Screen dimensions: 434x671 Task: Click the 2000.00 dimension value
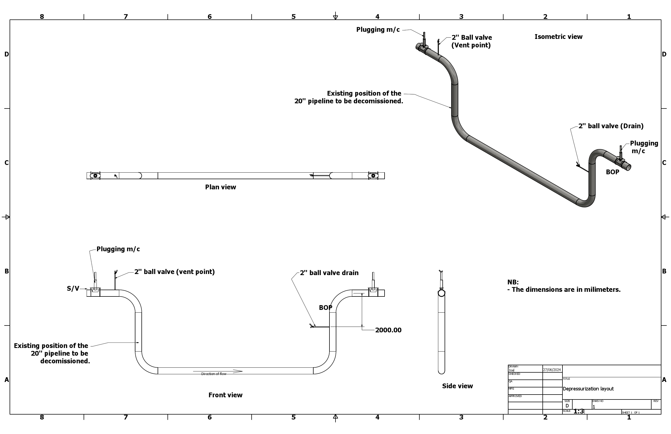[x=388, y=330]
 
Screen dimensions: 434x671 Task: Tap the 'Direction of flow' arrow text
[x=214, y=374]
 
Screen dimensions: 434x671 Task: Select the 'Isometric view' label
[x=558, y=37]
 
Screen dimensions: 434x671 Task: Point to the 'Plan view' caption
[x=220, y=187]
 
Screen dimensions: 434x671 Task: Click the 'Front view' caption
[x=225, y=395]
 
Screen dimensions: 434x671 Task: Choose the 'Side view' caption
[x=457, y=386]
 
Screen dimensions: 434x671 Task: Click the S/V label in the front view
[x=73, y=289]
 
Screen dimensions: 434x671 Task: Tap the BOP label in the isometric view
[x=612, y=172]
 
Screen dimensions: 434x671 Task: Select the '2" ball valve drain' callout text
[x=329, y=273]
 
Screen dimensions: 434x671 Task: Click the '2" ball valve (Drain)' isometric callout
[x=611, y=126]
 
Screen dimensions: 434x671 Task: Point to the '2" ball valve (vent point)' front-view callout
[x=174, y=272]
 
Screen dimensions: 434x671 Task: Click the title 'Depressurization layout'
[x=588, y=389]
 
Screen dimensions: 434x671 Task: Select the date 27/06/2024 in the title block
[x=552, y=369]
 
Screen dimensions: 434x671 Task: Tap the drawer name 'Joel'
[x=511, y=370]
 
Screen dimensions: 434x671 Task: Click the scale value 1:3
[x=579, y=412]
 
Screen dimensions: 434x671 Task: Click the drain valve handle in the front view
[x=312, y=326]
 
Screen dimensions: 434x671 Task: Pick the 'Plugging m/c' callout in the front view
[x=118, y=249]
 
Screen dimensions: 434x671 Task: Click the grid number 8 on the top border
[x=42, y=17]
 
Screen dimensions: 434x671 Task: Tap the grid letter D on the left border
[x=7, y=54]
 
